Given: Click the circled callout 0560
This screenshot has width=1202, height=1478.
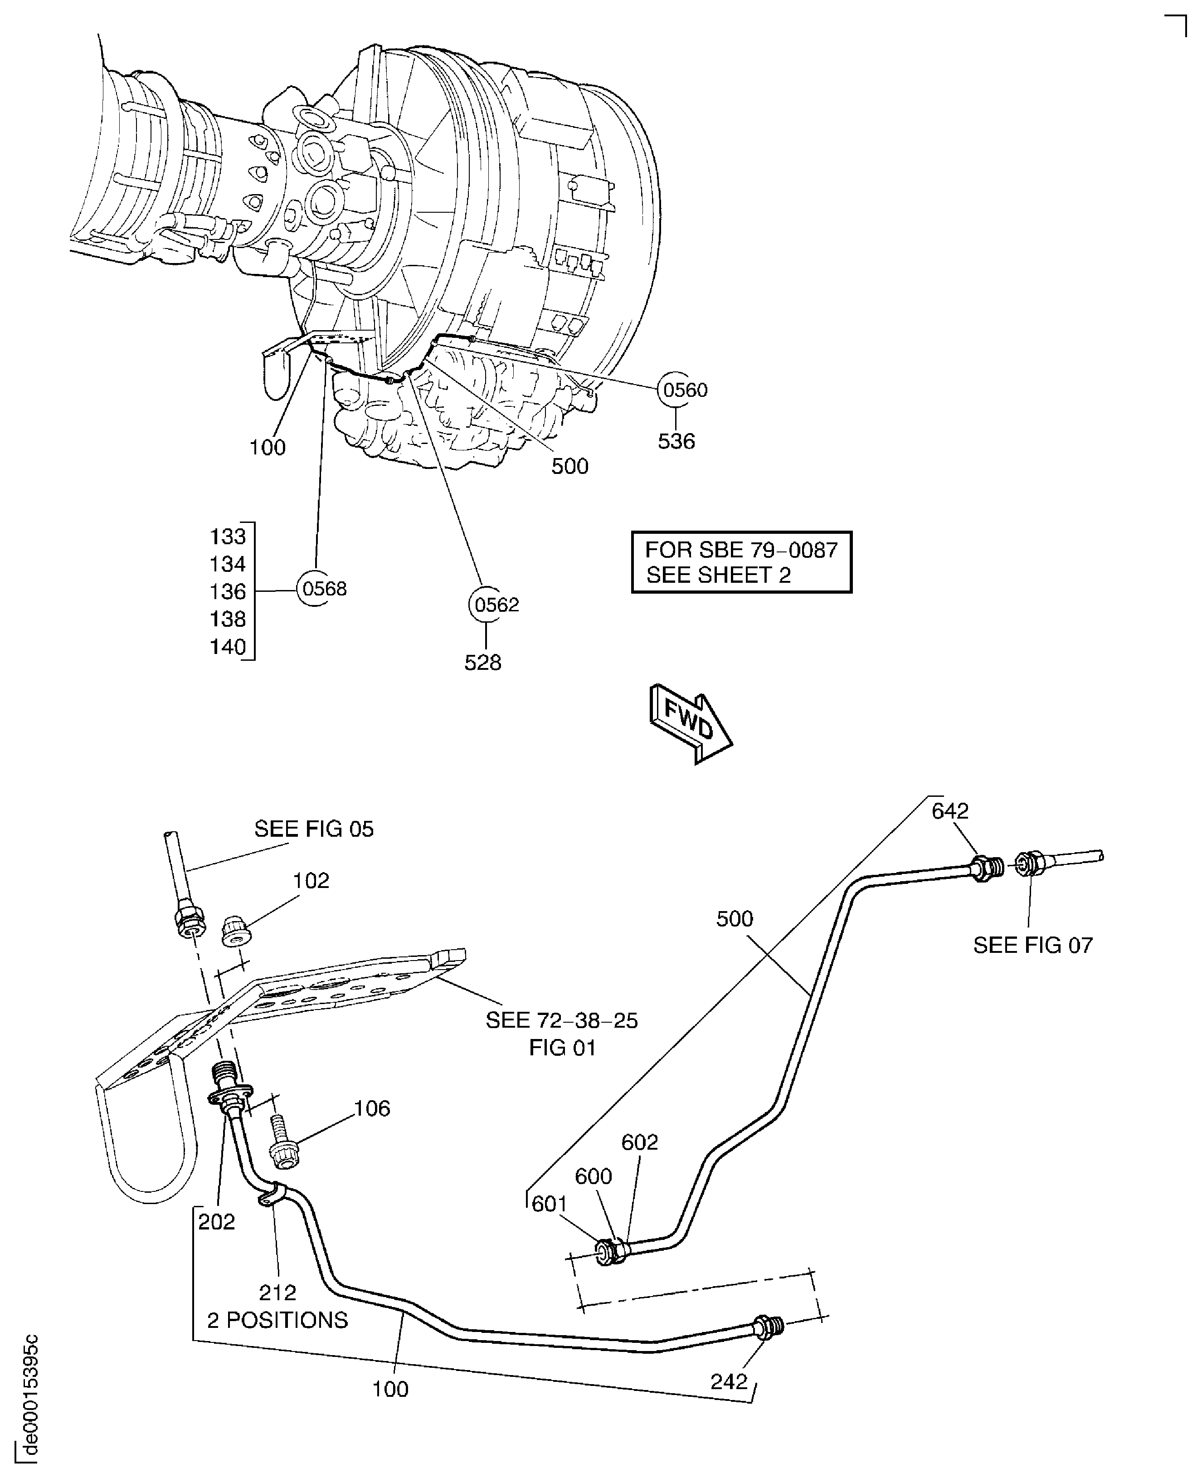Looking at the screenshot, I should point(684,390).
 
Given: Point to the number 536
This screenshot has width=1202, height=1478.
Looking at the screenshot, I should point(676,441).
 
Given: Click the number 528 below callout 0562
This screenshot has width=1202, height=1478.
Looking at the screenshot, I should point(482,663).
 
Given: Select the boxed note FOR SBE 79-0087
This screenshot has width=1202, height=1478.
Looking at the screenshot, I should point(741,562).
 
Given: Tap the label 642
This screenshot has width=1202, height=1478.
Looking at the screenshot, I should point(950,810).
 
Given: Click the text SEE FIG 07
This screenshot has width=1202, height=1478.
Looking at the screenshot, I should point(1032,946).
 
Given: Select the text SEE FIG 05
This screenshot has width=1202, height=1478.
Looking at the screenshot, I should point(314,829).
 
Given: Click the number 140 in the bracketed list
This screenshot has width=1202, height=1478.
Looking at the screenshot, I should point(228,647).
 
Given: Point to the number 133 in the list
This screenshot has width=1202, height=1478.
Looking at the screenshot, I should point(228,537).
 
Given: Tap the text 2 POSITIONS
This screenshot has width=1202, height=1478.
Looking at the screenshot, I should point(277,1320).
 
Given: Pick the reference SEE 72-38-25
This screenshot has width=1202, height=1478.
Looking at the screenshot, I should point(561,1020).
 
